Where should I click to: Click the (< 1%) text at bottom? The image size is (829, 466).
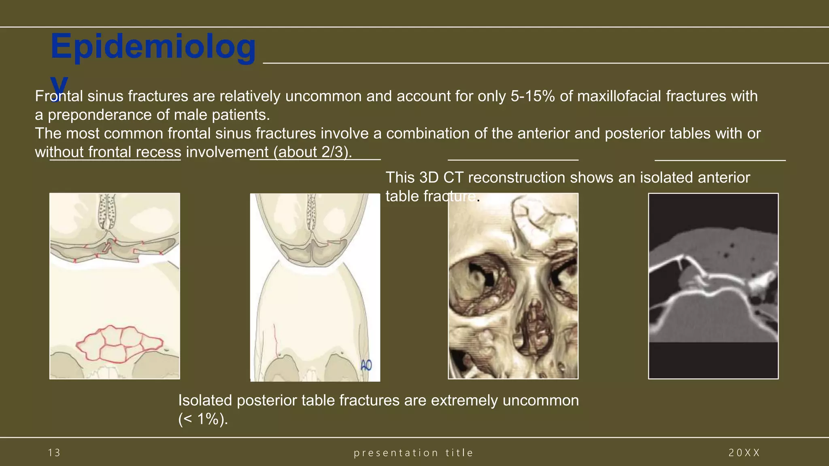pos(203,419)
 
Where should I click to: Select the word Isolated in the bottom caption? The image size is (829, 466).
pos(205,400)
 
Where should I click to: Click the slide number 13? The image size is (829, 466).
pos(54,453)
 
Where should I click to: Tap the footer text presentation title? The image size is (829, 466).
pos(413,453)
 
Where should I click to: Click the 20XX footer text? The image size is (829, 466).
pos(744,453)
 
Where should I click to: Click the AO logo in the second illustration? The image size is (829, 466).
pos(366,366)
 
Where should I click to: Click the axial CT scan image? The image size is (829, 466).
pos(713,286)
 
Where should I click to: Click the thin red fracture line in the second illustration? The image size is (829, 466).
pos(276,340)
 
